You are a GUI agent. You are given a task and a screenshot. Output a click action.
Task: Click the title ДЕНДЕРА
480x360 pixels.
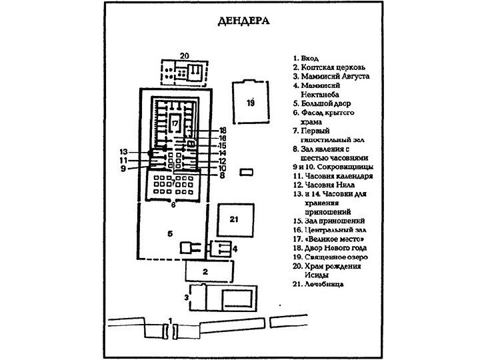pos(243,21)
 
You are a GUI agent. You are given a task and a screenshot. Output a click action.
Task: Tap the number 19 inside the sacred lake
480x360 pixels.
pos(251,103)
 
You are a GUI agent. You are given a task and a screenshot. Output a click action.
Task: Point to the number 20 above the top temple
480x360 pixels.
pos(185,55)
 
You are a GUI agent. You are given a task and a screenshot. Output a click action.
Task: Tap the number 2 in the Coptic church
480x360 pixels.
pos(206,271)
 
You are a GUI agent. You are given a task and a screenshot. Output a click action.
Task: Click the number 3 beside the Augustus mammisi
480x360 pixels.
pos(185,297)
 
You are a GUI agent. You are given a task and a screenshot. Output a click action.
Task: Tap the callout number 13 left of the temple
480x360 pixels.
pos(124,151)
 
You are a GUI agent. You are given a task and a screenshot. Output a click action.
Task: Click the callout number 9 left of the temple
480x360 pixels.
pos(124,169)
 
